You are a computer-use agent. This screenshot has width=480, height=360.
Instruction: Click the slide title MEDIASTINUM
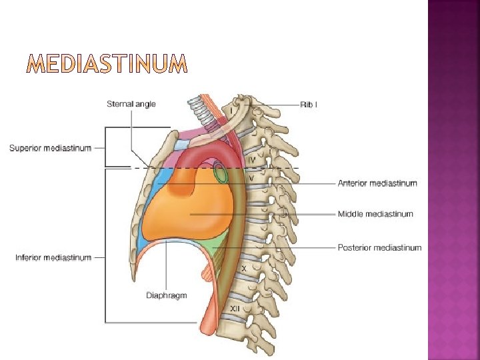coord(107,65)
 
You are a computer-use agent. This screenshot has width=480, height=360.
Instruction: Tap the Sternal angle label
coord(131,103)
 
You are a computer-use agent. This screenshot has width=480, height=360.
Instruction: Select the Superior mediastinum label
coord(51,148)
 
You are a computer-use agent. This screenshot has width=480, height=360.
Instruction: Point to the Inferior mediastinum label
coord(53,258)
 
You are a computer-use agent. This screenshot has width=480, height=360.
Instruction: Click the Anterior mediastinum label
coord(377,183)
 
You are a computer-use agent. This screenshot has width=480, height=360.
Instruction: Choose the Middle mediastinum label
coord(375,214)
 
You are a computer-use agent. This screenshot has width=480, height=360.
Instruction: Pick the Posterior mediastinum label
coord(379,247)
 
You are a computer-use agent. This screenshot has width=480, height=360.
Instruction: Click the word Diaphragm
coord(167,295)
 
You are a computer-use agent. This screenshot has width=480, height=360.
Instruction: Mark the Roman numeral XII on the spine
coord(235,309)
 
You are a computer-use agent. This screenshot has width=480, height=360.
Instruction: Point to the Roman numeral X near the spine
coord(244,268)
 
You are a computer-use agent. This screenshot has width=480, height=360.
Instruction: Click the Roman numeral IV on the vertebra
coord(252,161)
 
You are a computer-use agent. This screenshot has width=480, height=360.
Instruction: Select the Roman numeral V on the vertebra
coord(252,179)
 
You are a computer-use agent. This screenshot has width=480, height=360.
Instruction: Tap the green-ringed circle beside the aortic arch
coord(220,175)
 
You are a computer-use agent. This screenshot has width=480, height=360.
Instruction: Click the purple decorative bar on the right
coord(453,180)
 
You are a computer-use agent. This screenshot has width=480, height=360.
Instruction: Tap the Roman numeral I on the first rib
coord(231,109)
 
